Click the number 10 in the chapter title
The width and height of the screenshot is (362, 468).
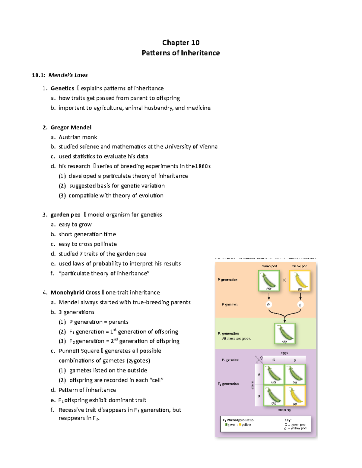pyautogui.click(x=195, y=42)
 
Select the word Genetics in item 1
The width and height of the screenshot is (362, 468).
pyautogui.click(x=62, y=88)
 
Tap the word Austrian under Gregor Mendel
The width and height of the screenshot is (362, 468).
pyautogui.click(x=69, y=137)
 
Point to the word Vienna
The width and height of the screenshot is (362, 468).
pyautogui.click(x=208, y=147)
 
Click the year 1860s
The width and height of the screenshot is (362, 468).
pyautogui.click(x=203, y=166)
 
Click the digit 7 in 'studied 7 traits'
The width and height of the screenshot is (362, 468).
pyautogui.click(x=81, y=254)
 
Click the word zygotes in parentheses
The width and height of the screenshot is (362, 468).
pyautogui.click(x=138, y=361)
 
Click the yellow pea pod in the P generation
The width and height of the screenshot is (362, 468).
pyautogui.click(x=300, y=281)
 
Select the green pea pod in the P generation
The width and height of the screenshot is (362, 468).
pyautogui.click(x=268, y=281)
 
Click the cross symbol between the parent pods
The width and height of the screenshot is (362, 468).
pyautogui.click(x=284, y=280)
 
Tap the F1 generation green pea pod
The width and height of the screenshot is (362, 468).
pyautogui.click(x=284, y=333)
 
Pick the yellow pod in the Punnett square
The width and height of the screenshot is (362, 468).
pyautogui.click(x=295, y=395)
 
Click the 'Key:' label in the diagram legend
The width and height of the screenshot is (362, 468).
pyautogui.click(x=288, y=420)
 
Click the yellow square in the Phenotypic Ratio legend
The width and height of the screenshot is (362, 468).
pyautogui.click(x=240, y=425)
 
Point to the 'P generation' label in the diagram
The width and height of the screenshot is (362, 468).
pyautogui.click(x=227, y=280)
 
